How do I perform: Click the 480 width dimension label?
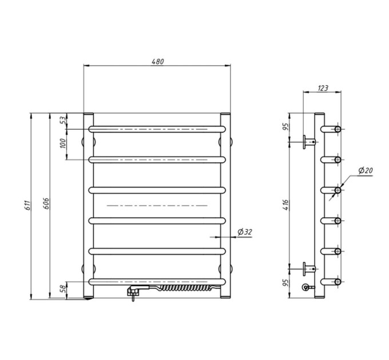pos(158,62)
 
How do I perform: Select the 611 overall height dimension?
pos(28,205)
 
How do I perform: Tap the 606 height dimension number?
pos(46,203)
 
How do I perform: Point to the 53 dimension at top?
pos(63,120)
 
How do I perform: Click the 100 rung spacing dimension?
pos(63,143)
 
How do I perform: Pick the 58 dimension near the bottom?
pos(63,288)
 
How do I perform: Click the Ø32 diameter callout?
pos(245,232)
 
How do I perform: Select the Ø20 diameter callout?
pos(366,170)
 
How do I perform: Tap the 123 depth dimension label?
pos(323,88)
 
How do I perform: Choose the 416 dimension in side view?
pos(286,205)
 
